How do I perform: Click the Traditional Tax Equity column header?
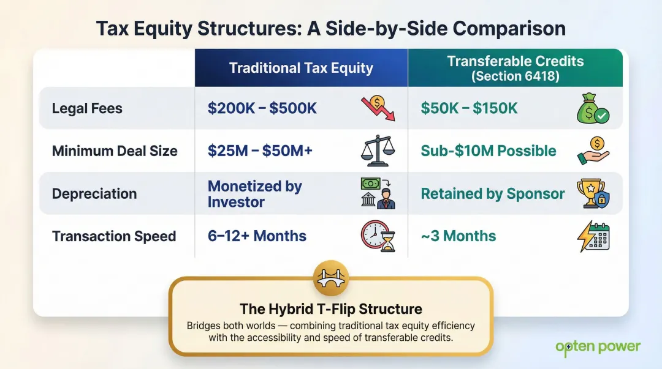tap(301, 68)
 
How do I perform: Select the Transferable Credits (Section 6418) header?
tap(515, 68)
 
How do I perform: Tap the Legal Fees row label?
tap(87, 109)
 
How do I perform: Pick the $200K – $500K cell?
tap(262, 109)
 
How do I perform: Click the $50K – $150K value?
tap(469, 109)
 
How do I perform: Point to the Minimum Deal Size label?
tap(115, 151)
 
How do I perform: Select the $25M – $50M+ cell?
tap(260, 151)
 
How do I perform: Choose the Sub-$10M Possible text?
tap(489, 151)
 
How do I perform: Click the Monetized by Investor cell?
tap(254, 194)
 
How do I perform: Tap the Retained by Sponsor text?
tap(492, 194)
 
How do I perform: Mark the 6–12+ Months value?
tap(257, 236)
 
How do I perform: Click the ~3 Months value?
tap(458, 236)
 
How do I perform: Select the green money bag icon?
tap(592, 109)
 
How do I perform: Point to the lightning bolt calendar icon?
tap(593, 236)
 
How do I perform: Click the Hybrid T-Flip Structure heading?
tap(331, 308)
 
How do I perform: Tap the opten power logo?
tap(597, 348)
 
